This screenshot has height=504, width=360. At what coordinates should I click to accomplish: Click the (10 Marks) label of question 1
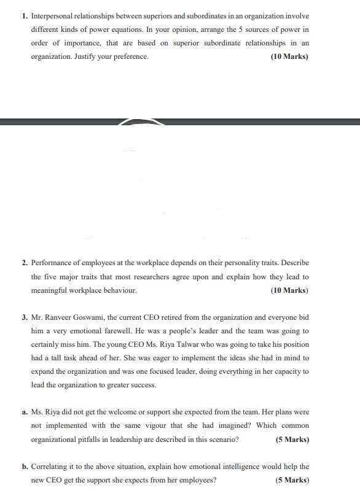(x=289, y=57)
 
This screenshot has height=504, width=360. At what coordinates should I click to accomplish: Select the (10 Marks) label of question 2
(x=289, y=290)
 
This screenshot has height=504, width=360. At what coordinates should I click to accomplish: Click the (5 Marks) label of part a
(x=292, y=440)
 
